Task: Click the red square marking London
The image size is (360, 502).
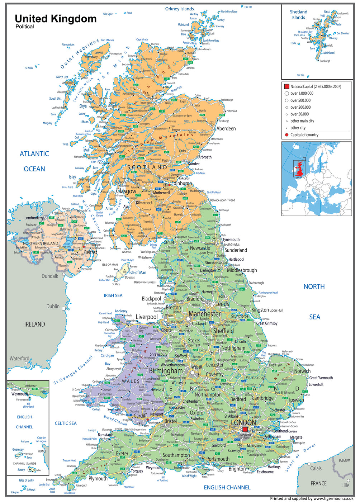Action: [x=245, y=430]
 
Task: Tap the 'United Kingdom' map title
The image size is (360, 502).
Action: [x=56, y=19]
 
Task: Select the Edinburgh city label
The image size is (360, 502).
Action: [x=181, y=184]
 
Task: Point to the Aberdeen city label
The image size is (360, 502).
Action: [x=226, y=128]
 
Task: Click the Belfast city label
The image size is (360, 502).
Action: [x=90, y=252]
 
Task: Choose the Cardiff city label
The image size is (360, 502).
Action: [x=140, y=416]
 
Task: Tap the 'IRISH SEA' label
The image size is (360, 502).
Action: [x=113, y=295]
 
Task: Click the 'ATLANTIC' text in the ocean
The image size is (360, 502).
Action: [x=34, y=154]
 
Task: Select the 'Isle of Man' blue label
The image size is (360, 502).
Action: [x=138, y=273]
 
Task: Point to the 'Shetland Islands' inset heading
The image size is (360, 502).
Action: [x=298, y=14]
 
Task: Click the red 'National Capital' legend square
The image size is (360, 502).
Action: [x=286, y=86]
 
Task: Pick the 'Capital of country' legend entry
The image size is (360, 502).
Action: [x=304, y=135]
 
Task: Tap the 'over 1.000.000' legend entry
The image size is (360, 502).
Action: [x=302, y=93]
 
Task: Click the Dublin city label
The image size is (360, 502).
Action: [x=53, y=306]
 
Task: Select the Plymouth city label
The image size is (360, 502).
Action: [x=98, y=478]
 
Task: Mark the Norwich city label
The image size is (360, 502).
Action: [x=302, y=371]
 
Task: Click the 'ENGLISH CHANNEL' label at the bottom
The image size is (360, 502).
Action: [x=227, y=487]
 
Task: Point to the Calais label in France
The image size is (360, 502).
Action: [x=316, y=468]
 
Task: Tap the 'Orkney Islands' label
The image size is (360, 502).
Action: [x=179, y=9]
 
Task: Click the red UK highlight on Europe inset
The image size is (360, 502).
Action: [x=299, y=170]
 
